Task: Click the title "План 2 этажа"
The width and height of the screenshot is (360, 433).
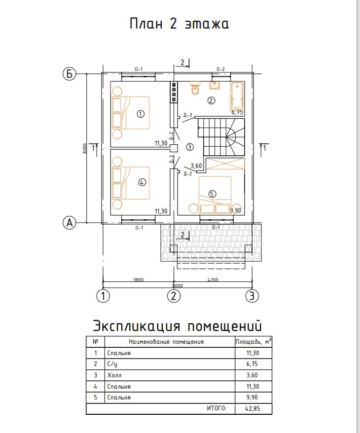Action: (179, 24)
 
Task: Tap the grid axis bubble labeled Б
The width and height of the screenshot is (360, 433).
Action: (70, 74)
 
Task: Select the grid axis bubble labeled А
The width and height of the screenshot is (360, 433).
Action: (70, 223)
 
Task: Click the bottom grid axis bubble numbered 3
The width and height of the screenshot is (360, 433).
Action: (252, 296)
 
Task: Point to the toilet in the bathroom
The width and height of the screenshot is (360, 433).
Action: (196, 89)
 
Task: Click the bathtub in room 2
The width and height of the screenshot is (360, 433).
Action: (237, 96)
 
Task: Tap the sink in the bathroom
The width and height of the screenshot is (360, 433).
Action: (215, 86)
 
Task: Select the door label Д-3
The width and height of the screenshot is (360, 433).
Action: (187, 115)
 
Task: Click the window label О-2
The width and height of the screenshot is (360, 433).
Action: (220, 69)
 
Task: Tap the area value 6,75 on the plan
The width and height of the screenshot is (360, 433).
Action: (238, 112)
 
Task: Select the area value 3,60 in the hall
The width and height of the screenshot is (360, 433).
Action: (196, 166)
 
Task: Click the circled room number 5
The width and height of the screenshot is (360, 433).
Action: (212, 194)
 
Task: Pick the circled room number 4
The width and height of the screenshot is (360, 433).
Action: (142, 182)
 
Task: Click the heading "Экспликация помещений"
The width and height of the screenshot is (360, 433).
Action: (177, 326)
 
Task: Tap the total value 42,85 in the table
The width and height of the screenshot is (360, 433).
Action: (252, 408)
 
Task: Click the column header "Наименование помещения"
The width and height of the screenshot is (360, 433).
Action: (166, 341)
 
